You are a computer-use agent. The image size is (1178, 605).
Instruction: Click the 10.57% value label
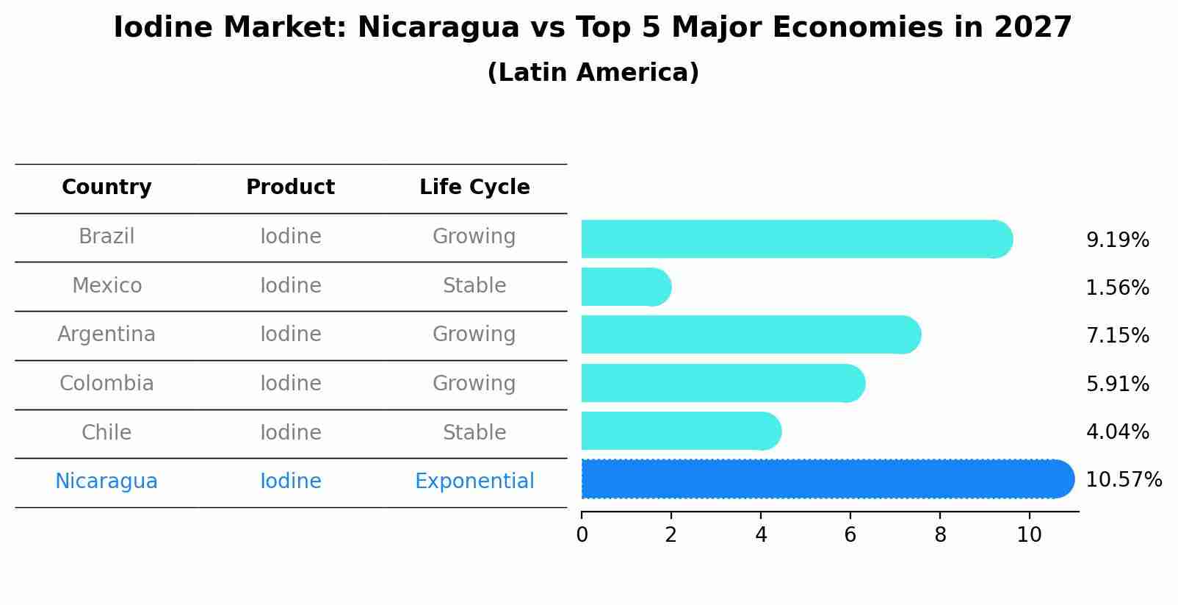(x=1123, y=480)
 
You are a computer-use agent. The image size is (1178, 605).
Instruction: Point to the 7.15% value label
(x=1117, y=336)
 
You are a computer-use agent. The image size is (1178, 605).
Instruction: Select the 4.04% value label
(x=1117, y=432)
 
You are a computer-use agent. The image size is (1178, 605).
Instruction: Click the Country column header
(x=106, y=187)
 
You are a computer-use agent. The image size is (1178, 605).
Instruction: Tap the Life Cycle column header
(x=474, y=187)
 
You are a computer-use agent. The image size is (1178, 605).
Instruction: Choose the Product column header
(x=290, y=187)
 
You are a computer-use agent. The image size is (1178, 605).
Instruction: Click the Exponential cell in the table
(x=474, y=482)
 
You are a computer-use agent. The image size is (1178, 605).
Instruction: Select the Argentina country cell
(x=106, y=334)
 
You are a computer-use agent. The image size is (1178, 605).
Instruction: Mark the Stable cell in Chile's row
(x=474, y=432)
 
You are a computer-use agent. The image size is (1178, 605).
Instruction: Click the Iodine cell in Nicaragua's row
(x=290, y=482)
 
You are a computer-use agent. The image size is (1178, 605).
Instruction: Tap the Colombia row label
(x=106, y=384)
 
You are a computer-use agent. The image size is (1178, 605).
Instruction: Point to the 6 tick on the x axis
(x=850, y=535)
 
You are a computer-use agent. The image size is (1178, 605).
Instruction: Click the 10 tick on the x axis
(x=1029, y=535)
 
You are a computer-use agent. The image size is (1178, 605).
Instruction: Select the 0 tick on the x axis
(x=582, y=535)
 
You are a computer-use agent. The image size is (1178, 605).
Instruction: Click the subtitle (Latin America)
(x=593, y=73)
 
